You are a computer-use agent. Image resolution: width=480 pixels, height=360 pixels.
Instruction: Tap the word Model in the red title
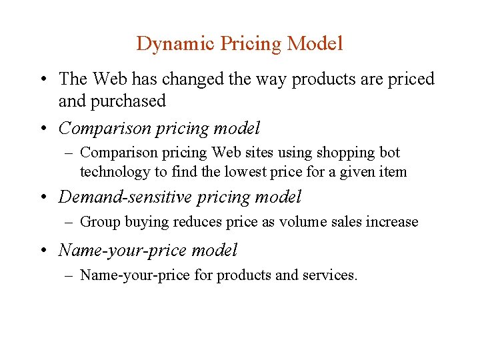(315, 44)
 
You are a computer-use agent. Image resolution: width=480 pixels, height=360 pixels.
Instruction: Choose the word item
(393, 171)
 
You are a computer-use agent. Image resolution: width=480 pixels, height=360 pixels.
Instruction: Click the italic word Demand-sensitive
(127, 197)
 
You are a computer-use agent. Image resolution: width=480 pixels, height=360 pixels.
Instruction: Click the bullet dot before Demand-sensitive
(44, 198)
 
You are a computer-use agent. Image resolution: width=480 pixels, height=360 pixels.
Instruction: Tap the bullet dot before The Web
(44, 80)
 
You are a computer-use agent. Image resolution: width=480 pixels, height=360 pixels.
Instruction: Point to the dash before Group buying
(69, 222)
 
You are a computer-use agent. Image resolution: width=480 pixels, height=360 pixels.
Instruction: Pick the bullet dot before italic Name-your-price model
(44, 251)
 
